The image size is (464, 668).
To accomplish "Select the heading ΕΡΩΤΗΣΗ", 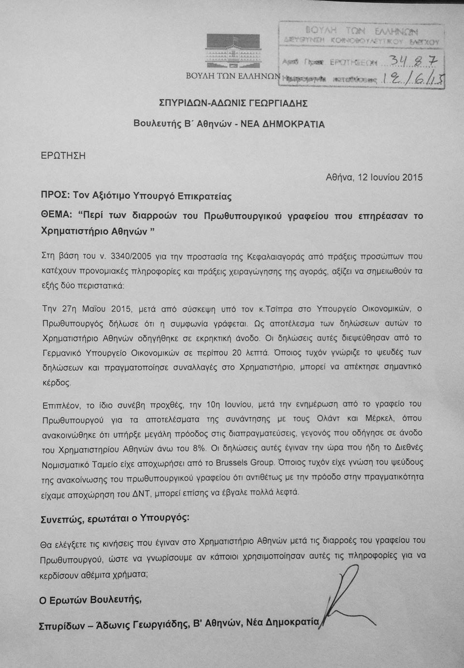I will [x=63, y=156].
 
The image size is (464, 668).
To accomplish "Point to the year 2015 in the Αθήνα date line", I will [x=411, y=177].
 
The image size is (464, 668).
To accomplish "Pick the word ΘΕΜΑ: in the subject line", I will [x=56, y=216].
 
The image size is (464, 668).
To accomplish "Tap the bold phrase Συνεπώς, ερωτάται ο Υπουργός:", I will [x=115, y=517].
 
